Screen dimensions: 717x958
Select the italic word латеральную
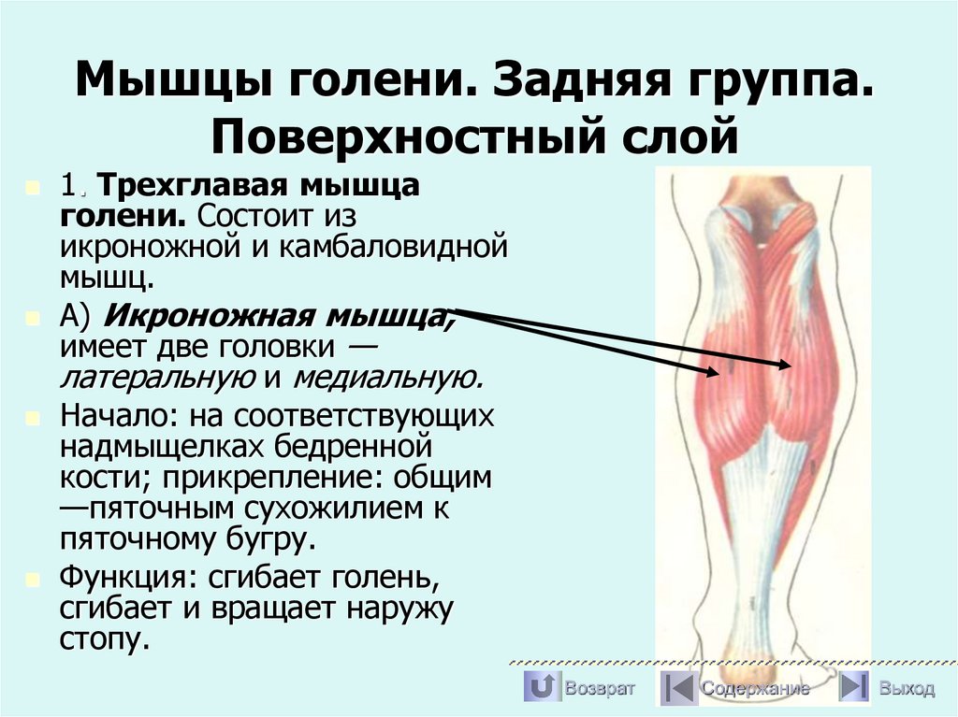157,377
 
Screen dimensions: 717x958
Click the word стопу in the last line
103,638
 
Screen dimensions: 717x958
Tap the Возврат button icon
540,688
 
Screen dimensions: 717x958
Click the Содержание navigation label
755,689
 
